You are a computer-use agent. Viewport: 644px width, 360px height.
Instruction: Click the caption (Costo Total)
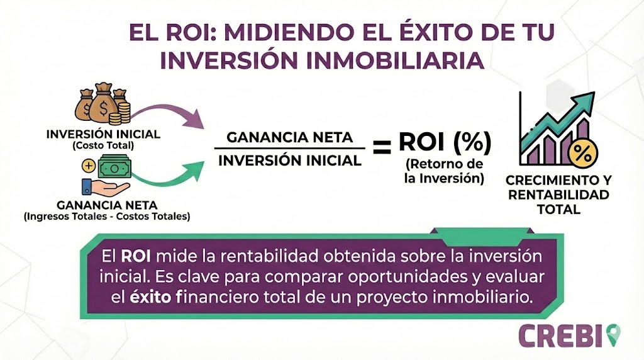tap(103, 145)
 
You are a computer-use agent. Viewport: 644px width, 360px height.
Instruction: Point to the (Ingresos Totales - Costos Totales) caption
tap(106, 217)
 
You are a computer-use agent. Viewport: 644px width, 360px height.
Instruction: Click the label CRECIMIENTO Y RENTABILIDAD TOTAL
tap(558, 194)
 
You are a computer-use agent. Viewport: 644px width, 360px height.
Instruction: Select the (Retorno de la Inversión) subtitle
tap(445, 171)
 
